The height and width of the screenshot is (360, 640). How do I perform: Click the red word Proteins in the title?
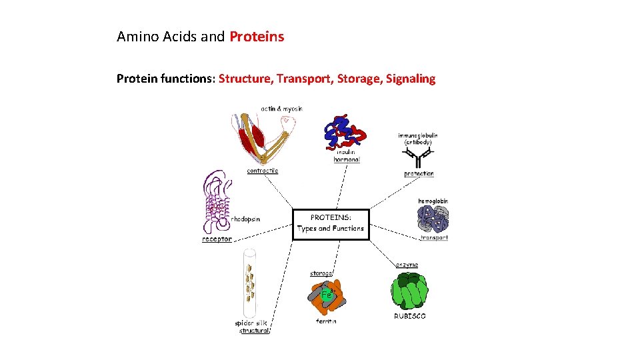[257, 37]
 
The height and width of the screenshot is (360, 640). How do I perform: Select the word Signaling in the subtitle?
[406, 79]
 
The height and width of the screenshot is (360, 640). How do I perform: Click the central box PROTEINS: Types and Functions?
[331, 223]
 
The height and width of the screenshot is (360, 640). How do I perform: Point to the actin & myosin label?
[281, 109]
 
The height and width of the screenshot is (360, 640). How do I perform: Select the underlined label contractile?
[263, 171]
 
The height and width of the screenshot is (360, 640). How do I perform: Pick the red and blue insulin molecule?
[345, 132]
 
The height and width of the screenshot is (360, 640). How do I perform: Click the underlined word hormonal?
[347, 160]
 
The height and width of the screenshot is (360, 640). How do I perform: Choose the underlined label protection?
[419, 174]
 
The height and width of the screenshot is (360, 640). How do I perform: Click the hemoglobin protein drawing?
[433, 218]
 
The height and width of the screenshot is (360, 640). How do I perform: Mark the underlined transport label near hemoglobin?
[434, 237]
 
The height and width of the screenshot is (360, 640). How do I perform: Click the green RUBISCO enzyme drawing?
[409, 290]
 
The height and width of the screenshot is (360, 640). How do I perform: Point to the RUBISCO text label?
[409, 316]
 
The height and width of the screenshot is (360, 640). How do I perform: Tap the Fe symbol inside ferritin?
[325, 294]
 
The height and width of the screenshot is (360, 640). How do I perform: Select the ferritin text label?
[326, 321]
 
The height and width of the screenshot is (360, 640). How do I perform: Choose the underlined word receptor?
[217, 239]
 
